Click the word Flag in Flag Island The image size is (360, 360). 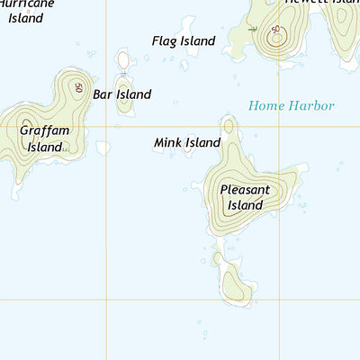165,40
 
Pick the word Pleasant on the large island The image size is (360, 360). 245,190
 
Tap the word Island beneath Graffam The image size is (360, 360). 43,147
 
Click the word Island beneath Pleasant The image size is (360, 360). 245,205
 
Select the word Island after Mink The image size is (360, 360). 203,142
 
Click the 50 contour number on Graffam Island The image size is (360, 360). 79,88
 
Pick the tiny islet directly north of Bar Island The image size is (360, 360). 123,60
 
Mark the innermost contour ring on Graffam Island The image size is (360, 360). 26,125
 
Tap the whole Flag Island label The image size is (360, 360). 184,40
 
